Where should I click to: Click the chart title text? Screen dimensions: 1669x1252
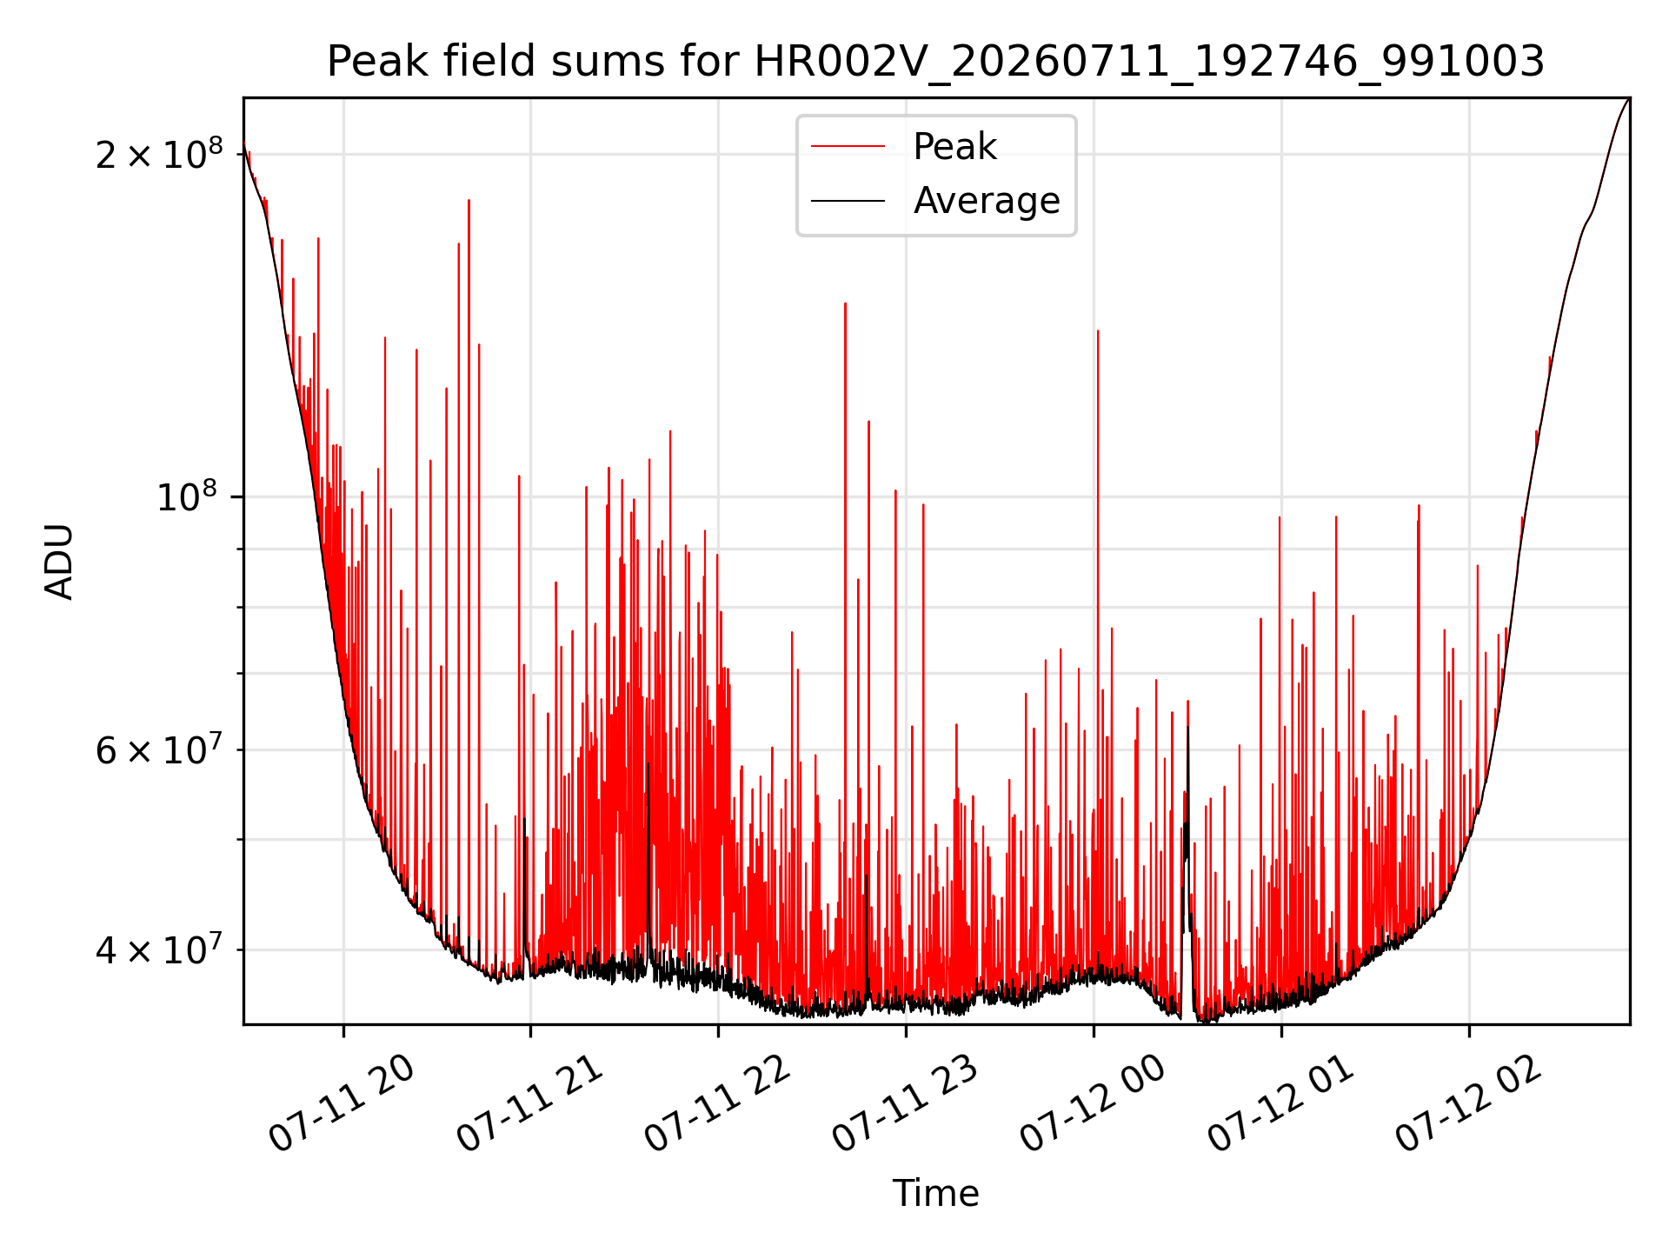(x=935, y=62)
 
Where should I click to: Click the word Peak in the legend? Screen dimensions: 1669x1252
(x=954, y=147)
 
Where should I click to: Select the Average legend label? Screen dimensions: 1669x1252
(x=987, y=201)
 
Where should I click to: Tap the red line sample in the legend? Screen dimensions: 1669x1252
(x=848, y=147)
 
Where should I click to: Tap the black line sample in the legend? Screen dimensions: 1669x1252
(x=848, y=201)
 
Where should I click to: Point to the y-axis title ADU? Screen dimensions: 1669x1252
(x=59, y=562)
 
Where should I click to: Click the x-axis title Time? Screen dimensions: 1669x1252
(x=935, y=1193)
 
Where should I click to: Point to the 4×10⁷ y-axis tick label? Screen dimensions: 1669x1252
(x=158, y=949)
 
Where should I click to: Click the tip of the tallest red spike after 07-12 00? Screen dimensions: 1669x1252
(x=1098, y=330)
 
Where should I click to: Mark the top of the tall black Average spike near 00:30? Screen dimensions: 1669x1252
(x=1188, y=727)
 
